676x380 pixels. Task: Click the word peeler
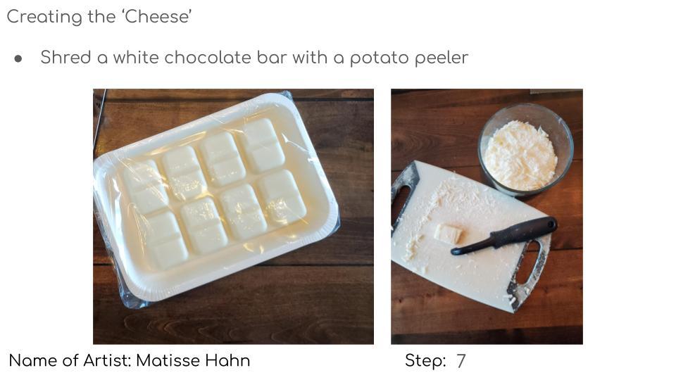pyautogui.click(x=441, y=58)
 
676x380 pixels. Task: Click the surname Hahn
pyautogui.click(x=227, y=361)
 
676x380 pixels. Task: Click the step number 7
pyautogui.click(x=461, y=362)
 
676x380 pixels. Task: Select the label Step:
pyautogui.click(x=425, y=361)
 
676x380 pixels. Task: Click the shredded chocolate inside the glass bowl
pyautogui.click(x=520, y=155)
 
